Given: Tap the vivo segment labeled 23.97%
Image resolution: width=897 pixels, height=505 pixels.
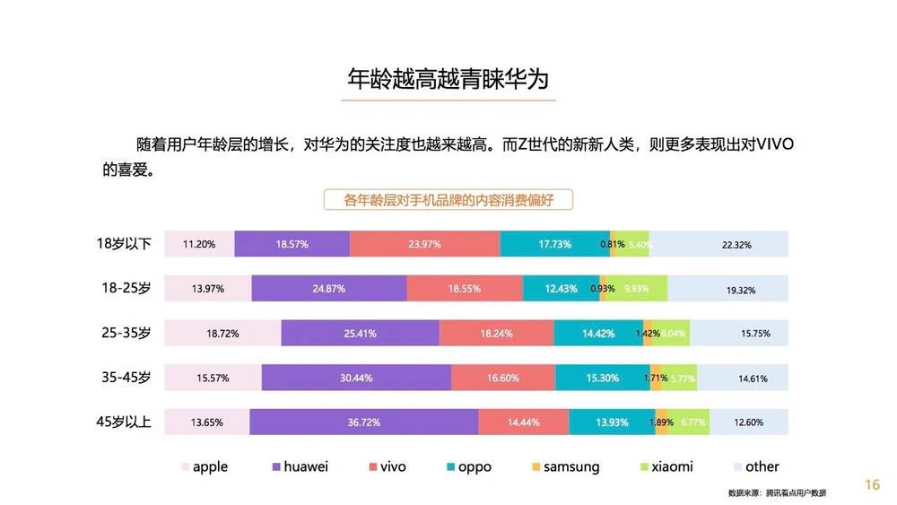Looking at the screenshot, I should [x=425, y=244].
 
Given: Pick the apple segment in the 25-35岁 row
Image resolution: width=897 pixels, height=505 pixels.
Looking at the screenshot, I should [x=222, y=333].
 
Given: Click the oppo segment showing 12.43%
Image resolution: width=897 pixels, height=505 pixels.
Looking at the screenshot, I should [x=561, y=289].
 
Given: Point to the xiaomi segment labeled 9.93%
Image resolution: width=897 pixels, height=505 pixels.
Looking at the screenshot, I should [x=637, y=289].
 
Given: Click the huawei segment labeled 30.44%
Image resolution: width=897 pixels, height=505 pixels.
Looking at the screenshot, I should [x=356, y=378].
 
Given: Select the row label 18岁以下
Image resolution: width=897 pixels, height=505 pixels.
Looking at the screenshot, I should [x=126, y=244].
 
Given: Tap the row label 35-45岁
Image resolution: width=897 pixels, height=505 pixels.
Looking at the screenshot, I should [x=126, y=378].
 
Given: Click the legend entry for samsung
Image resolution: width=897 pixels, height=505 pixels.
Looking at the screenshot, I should [x=565, y=467].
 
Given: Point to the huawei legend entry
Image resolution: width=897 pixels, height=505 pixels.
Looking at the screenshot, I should [x=300, y=467].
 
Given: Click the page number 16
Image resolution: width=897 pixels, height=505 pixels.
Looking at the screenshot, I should [x=872, y=485].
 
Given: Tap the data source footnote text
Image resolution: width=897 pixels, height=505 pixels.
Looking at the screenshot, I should [x=777, y=493].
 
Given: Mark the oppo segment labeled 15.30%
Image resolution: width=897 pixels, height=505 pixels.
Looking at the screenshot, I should [x=603, y=378].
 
